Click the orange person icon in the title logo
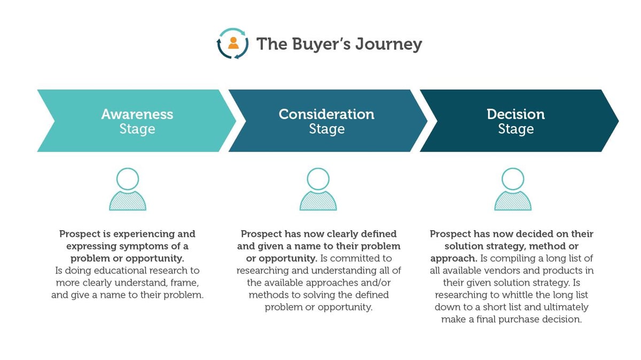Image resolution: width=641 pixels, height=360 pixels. (x=233, y=43)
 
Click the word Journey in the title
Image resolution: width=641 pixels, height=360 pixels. (x=389, y=45)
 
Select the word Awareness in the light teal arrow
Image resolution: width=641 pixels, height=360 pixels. (x=137, y=114)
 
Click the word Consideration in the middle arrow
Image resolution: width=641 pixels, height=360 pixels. (x=326, y=114)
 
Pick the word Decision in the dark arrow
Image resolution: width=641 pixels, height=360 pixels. (x=515, y=114)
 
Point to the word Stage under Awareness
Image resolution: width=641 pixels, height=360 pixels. (x=137, y=129)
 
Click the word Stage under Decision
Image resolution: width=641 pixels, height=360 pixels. (x=515, y=129)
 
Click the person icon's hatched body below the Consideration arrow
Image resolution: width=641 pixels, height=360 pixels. (x=318, y=201)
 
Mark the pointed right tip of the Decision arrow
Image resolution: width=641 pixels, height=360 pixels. (x=619, y=121)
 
